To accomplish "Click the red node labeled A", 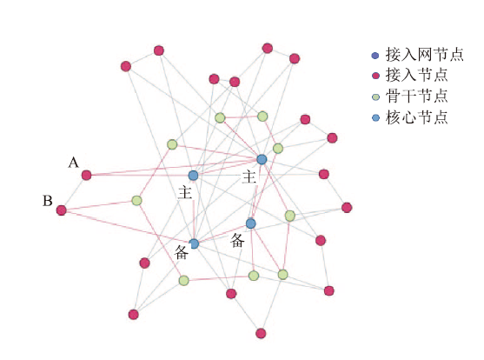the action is click(86, 175).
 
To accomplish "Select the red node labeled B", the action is click(62, 210).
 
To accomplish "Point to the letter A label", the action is click(74, 163).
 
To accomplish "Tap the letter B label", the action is click(48, 201).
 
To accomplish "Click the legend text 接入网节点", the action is click(424, 55).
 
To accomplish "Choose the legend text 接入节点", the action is click(417, 75).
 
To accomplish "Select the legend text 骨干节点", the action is click(417, 97).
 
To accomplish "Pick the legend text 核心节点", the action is click(417, 117).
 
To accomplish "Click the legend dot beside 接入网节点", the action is click(375, 56).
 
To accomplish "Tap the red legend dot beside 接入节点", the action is click(375, 76).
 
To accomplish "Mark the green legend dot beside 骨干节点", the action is click(375, 97).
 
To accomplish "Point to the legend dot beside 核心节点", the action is click(375, 117).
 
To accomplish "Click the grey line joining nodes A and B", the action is click(74, 193).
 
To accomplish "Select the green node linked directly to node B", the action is click(136, 201).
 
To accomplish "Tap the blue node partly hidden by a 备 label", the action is click(194, 243).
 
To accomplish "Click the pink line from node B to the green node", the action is click(99, 205).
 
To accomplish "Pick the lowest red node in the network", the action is click(261, 333).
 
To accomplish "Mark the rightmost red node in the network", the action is click(347, 208).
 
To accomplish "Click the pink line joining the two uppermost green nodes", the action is click(241, 117).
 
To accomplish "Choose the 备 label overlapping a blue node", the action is click(182, 252).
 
